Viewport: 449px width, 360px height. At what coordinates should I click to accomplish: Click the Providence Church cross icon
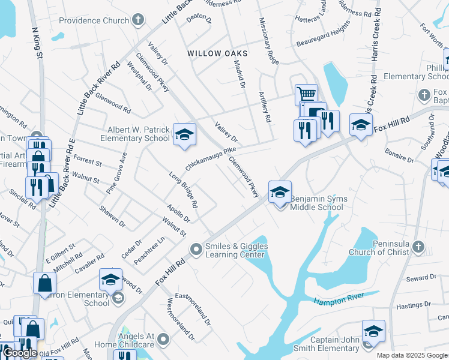139,20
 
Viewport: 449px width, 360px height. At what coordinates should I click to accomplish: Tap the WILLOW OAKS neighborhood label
217,53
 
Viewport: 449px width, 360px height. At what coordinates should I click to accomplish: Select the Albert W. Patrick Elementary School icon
184,134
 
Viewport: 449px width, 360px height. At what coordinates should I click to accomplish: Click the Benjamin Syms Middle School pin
280,192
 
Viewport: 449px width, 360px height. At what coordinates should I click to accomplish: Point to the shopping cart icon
306,94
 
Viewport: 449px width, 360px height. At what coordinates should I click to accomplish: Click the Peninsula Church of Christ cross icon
418,247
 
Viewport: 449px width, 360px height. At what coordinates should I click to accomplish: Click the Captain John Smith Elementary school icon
373,331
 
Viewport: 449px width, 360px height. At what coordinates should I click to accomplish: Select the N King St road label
35,43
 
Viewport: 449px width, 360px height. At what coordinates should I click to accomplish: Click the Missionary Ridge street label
269,41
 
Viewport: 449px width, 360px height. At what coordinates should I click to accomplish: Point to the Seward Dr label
420,278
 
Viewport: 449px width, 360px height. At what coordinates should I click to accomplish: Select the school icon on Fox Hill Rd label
360,125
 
